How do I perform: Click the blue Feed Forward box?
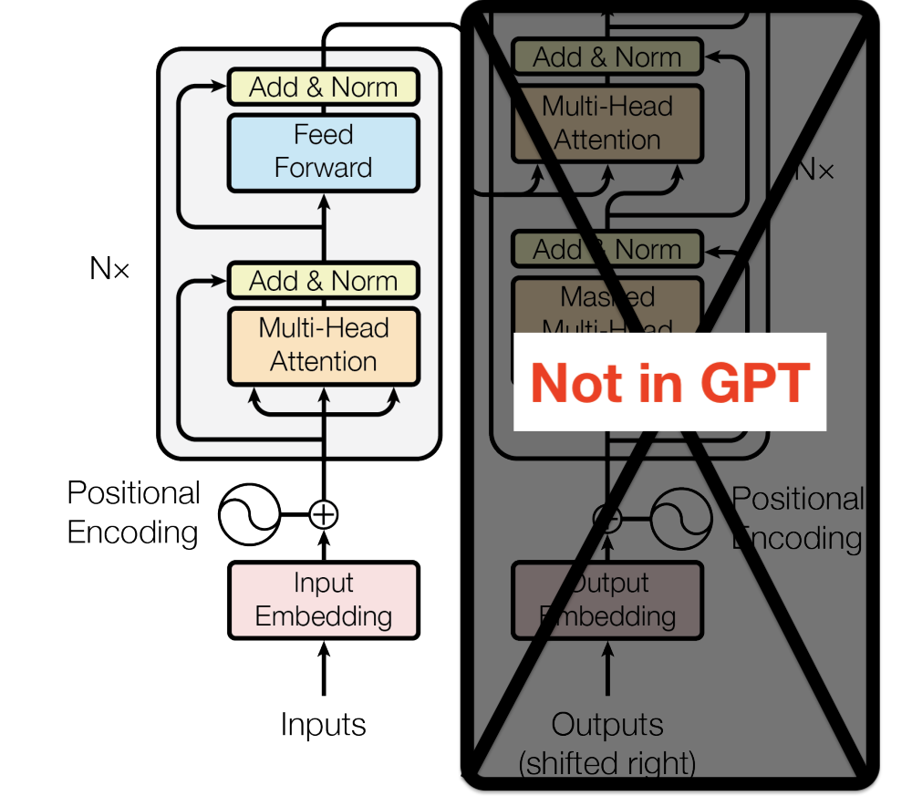pyautogui.click(x=323, y=152)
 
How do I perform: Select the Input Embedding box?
pyautogui.click(x=323, y=600)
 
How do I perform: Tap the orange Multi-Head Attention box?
pyautogui.click(x=323, y=346)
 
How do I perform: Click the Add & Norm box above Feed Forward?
pyautogui.click(x=323, y=88)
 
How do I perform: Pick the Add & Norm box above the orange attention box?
pyautogui.click(x=323, y=281)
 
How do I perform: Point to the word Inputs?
pyautogui.click(x=323, y=725)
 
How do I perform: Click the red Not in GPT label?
pyautogui.click(x=669, y=382)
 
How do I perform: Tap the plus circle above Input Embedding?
pyautogui.click(x=323, y=514)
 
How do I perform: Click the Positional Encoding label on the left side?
pyautogui.click(x=133, y=512)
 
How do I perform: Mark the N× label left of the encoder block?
pyautogui.click(x=109, y=268)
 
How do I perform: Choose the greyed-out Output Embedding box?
pyautogui.click(x=607, y=600)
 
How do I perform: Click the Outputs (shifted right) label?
pyautogui.click(x=607, y=744)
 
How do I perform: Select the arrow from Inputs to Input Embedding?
pyautogui.click(x=323, y=670)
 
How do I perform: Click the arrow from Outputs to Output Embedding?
pyautogui.click(x=607, y=670)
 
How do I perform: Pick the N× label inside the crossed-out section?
pyautogui.click(x=814, y=170)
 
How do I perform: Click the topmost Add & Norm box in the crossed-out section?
pyautogui.click(x=607, y=57)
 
